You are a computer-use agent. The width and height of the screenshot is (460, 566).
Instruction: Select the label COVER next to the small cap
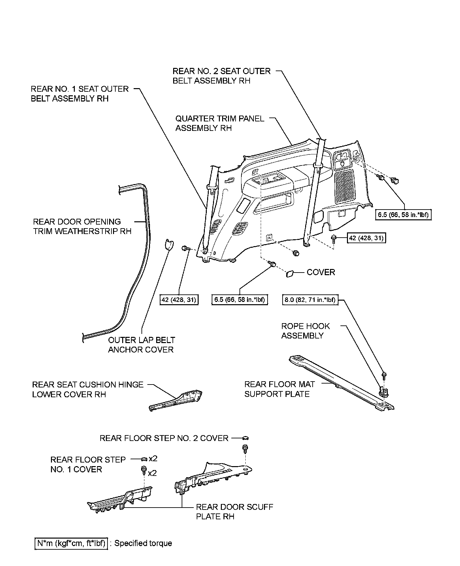tap(321, 272)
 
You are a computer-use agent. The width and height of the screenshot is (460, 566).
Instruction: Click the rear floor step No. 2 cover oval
tap(246, 438)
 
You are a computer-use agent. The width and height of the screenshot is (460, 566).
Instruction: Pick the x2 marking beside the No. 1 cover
tap(153, 459)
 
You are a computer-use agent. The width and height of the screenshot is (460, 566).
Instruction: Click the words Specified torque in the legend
tap(143, 543)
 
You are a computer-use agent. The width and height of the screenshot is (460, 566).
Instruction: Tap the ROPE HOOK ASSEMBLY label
tap(305, 331)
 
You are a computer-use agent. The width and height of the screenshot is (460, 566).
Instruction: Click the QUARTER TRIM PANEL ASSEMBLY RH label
tap(220, 123)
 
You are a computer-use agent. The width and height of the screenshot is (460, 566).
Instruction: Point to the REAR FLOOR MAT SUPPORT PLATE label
tap(277, 389)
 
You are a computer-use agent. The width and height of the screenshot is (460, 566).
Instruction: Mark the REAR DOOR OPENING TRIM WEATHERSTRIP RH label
tap(82, 227)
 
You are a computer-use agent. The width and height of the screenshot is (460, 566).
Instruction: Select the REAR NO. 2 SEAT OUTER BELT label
tap(222, 76)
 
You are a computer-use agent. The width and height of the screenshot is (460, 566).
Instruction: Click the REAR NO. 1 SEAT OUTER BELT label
tap(80, 94)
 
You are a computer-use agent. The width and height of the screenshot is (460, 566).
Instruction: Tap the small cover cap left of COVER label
tap(290, 274)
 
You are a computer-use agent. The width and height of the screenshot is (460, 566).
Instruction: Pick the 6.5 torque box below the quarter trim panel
tap(239, 299)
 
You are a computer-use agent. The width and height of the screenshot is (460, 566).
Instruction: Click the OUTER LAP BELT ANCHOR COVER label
tap(141, 345)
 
